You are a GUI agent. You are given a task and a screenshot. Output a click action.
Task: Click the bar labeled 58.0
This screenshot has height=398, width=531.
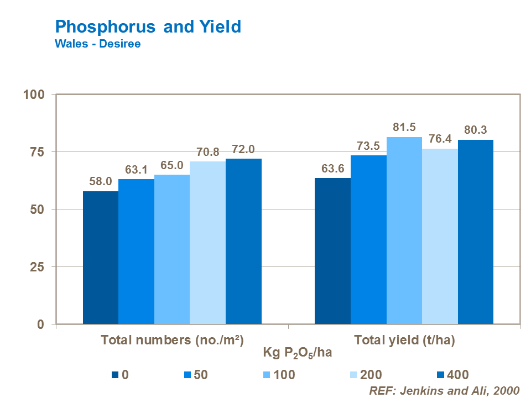(x=101, y=258)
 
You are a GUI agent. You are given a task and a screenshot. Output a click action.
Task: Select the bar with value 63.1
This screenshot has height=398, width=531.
(x=136, y=252)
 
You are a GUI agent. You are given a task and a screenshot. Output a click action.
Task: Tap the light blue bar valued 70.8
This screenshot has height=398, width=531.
(x=207, y=243)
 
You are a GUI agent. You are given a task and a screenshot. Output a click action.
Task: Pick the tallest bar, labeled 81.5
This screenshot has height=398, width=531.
(x=404, y=231)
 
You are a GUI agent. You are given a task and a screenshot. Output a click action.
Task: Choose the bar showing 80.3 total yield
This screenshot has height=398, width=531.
(x=476, y=232)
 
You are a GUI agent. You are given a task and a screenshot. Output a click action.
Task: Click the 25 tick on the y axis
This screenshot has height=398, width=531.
(x=37, y=267)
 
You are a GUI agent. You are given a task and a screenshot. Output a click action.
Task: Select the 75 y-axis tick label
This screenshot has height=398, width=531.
(x=37, y=152)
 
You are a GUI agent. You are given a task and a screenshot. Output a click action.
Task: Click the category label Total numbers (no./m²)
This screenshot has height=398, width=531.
(x=172, y=341)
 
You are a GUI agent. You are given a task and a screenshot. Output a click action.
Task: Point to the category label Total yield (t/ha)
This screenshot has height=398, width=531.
(x=404, y=341)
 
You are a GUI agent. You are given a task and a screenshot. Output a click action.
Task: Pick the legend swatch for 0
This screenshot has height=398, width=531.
(x=114, y=375)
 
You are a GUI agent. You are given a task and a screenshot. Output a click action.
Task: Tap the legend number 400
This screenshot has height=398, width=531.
(x=458, y=375)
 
